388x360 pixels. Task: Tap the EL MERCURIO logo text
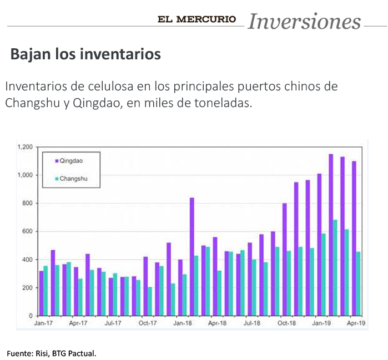click(x=197, y=19)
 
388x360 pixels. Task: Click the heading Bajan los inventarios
click(x=85, y=54)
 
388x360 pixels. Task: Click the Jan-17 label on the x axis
click(x=43, y=323)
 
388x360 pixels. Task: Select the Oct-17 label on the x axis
click(x=148, y=323)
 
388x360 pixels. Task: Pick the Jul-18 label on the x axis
click(x=252, y=323)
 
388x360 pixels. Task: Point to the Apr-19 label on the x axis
click(x=356, y=323)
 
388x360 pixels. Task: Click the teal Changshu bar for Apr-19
click(x=359, y=283)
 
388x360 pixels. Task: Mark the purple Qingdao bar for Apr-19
click(x=354, y=239)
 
